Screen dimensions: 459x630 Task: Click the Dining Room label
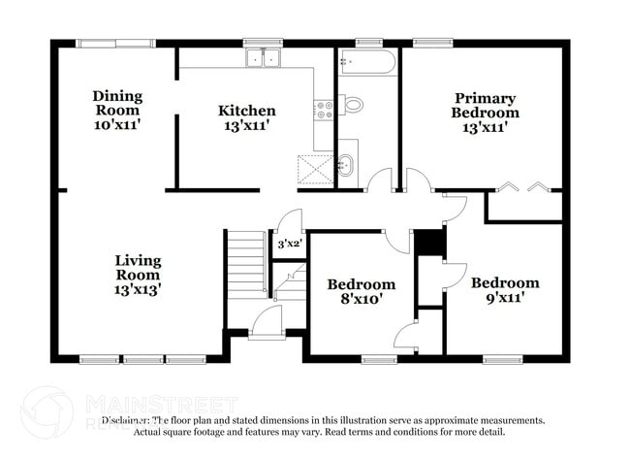tap(117, 96)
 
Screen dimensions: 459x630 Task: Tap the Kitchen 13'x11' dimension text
tap(246, 126)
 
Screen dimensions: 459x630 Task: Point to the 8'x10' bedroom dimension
tap(361, 299)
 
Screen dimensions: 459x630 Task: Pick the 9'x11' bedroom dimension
tap(505, 298)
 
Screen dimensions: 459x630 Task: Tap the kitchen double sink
tap(262, 58)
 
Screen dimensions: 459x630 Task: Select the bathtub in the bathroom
tap(367, 62)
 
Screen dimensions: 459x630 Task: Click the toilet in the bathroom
tap(352, 104)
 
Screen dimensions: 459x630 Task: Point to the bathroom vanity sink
tap(346, 164)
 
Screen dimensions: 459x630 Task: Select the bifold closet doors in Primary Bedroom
tap(524, 186)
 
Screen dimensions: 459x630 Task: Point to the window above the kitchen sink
tap(262, 42)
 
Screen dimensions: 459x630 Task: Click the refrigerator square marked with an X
tap(313, 168)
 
